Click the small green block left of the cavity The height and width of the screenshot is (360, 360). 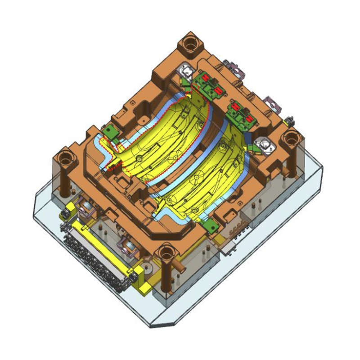tap(109, 131)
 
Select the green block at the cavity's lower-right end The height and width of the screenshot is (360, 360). tap(209, 224)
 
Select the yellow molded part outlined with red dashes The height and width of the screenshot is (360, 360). tap(166, 139)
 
